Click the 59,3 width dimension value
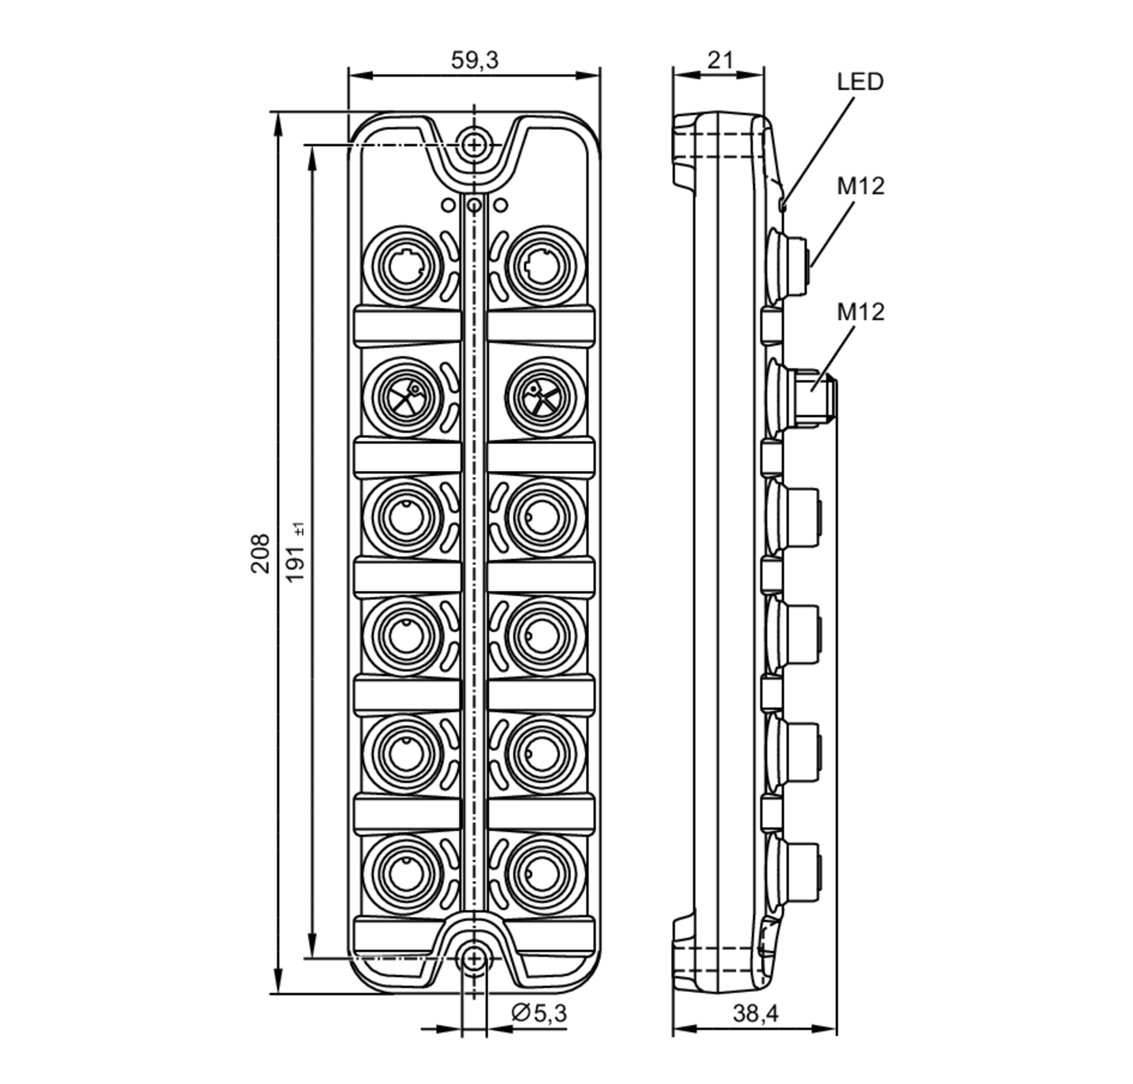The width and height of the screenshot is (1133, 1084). (474, 60)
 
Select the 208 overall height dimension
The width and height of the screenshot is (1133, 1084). (260, 553)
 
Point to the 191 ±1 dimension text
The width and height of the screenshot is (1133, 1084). (296, 553)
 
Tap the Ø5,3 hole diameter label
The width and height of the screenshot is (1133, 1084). (539, 1013)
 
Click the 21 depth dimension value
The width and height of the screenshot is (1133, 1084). (720, 60)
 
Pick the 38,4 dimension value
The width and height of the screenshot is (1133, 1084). (755, 1013)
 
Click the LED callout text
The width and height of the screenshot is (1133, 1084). (860, 82)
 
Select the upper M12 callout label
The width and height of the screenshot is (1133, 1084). (861, 186)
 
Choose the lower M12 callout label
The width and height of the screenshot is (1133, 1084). (861, 312)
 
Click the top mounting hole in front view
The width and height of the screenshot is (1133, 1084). (474, 144)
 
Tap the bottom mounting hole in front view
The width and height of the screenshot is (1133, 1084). (474, 959)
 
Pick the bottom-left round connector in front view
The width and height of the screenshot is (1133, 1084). (406, 872)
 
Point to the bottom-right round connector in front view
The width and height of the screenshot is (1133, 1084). (542, 872)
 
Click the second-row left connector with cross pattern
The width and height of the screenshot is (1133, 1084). (406, 397)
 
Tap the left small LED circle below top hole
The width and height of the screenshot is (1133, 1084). (448, 205)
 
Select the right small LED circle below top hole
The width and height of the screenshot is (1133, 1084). (501, 205)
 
